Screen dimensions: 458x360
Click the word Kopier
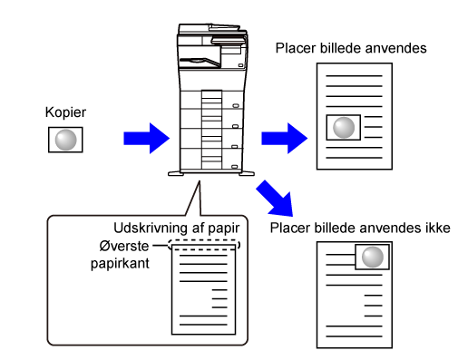click(x=65, y=112)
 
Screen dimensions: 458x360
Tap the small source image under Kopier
click(x=65, y=140)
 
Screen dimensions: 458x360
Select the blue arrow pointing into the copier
click(x=146, y=139)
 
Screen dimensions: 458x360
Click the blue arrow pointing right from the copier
click(x=284, y=139)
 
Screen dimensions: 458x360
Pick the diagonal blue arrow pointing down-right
click(x=276, y=199)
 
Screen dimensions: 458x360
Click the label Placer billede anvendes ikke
click(x=360, y=229)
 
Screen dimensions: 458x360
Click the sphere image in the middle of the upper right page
click(x=344, y=127)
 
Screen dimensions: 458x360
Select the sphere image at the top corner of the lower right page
click(x=372, y=257)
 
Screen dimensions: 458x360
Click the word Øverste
click(x=124, y=247)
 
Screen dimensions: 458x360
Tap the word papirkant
click(x=120, y=264)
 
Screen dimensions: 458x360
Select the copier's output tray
click(x=200, y=62)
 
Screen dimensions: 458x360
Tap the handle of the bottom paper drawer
click(x=235, y=167)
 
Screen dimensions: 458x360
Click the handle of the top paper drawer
click(x=236, y=106)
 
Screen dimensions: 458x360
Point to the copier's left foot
click(x=176, y=173)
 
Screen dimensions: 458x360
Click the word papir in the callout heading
click(x=224, y=229)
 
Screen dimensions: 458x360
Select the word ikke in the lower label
click(x=439, y=229)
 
